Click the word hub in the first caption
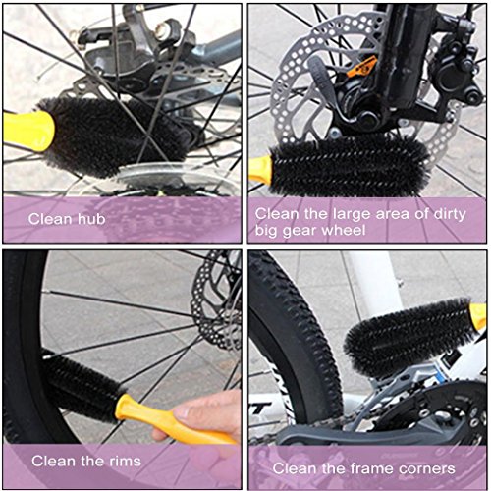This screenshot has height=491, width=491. (x=91, y=219)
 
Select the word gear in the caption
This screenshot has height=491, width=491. (x=300, y=231)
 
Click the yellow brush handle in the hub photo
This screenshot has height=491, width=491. (x=28, y=131)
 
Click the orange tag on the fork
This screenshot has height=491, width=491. (x=360, y=67)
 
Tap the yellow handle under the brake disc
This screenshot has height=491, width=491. (x=260, y=170)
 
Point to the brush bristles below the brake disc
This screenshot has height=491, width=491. (x=351, y=164)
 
